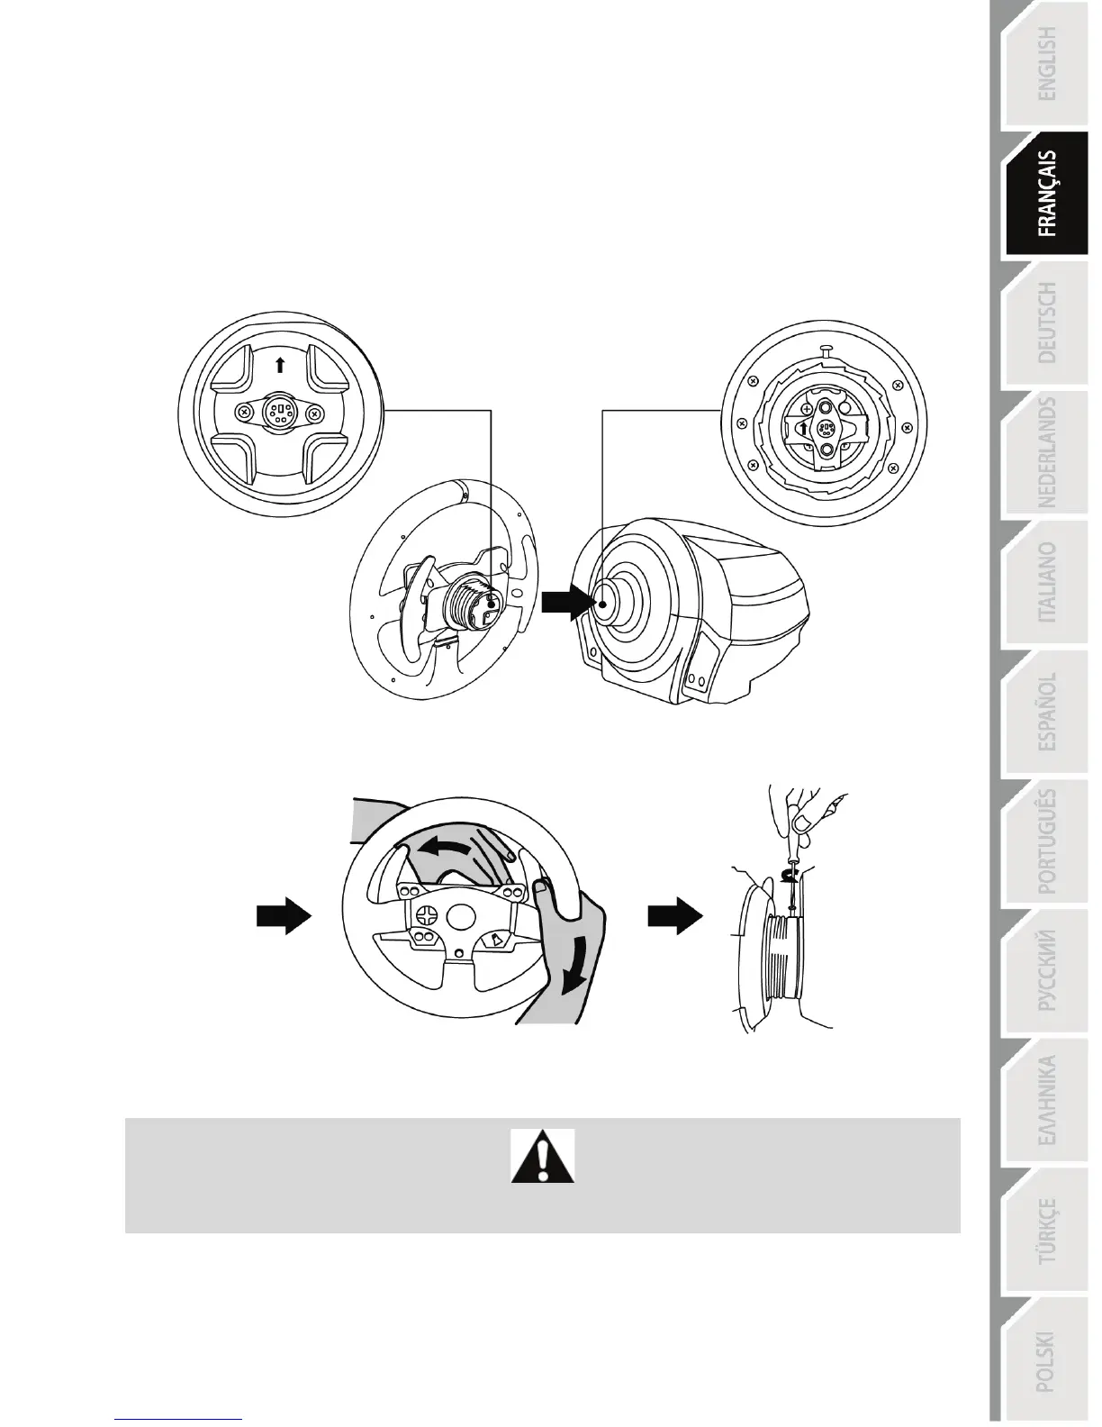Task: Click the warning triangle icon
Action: [543, 1157]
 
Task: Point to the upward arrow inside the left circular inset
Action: [280, 364]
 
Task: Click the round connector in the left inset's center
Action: [279, 414]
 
